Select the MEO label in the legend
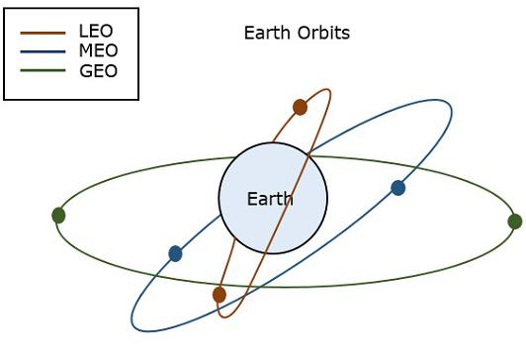coord(99,50)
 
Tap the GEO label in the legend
coord(99,71)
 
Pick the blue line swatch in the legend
coord(44,50)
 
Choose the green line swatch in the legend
coord(44,71)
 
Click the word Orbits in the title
coord(322,34)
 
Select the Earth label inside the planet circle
coord(270,199)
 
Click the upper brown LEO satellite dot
coord(301,107)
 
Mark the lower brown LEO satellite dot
coord(219,295)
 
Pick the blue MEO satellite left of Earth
coord(175,254)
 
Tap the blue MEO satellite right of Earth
coord(398,188)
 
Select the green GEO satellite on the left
coord(58,215)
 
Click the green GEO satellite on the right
coord(514,222)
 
